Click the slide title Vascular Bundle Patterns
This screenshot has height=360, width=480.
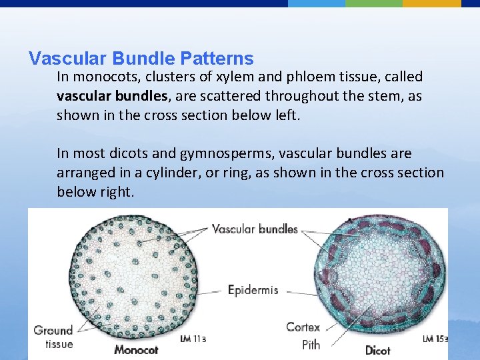coord(141,59)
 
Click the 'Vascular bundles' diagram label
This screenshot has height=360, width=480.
coord(255,229)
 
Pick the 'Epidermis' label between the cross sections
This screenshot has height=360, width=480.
coord(253,290)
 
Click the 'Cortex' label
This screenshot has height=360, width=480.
coord(303,327)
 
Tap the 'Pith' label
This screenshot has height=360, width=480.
coord(311,344)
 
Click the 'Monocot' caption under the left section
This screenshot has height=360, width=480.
coord(136,349)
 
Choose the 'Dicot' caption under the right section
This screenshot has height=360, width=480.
coord(378,349)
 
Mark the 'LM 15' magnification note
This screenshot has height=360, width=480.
coord(435,339)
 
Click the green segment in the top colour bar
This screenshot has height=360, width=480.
coord(374,3)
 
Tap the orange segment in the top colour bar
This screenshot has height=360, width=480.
coord(431,3)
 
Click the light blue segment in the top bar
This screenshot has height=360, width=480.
coord(317,3)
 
